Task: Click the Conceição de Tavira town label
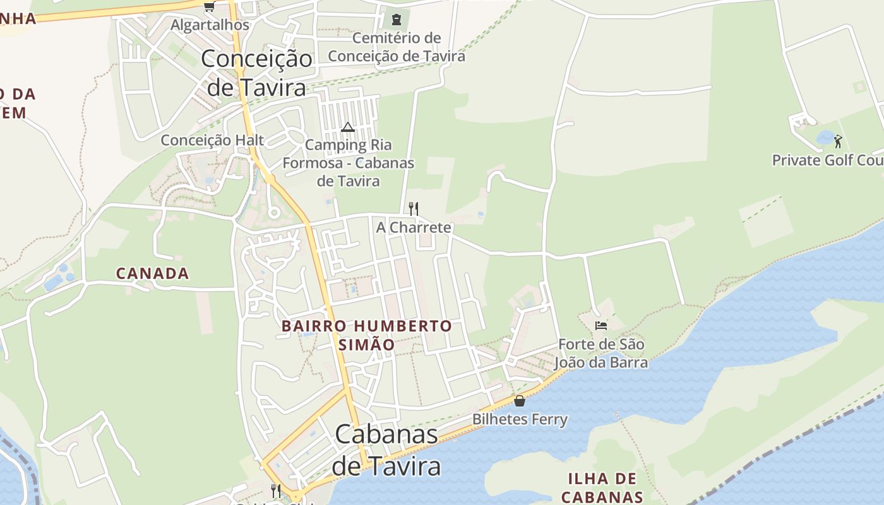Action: [256, 73]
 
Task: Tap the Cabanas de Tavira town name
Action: [386, 450]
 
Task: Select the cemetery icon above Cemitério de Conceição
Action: [397, 20]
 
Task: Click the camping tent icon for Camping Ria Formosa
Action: [348, 128]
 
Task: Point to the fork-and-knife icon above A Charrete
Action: [414, 208]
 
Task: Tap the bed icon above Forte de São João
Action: [601, 326]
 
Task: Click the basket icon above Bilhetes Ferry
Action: [520, 401]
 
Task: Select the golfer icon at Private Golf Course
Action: [838, 141]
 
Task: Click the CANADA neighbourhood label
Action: [153, 273]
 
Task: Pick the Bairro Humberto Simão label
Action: [367, 335]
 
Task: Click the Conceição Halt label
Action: [212, 140]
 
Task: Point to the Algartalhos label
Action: [210, 26]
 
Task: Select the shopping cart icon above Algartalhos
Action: [209, 7]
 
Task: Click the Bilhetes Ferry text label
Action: [520, 419]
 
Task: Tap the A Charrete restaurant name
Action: [414, 227]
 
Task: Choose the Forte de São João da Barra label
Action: [601, 353]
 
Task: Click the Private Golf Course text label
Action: [827, 160]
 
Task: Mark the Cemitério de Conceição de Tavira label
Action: [397, 47]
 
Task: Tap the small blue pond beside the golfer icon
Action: [825, 137]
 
